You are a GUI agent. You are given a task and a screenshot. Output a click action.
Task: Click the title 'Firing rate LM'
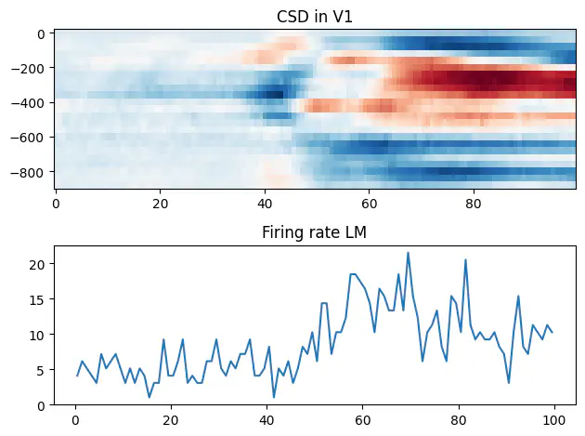coord(315,232)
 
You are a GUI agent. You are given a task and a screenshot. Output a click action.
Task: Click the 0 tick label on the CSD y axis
coord(44,34)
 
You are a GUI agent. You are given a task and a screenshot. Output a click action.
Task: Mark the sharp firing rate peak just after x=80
coord(465,260)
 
